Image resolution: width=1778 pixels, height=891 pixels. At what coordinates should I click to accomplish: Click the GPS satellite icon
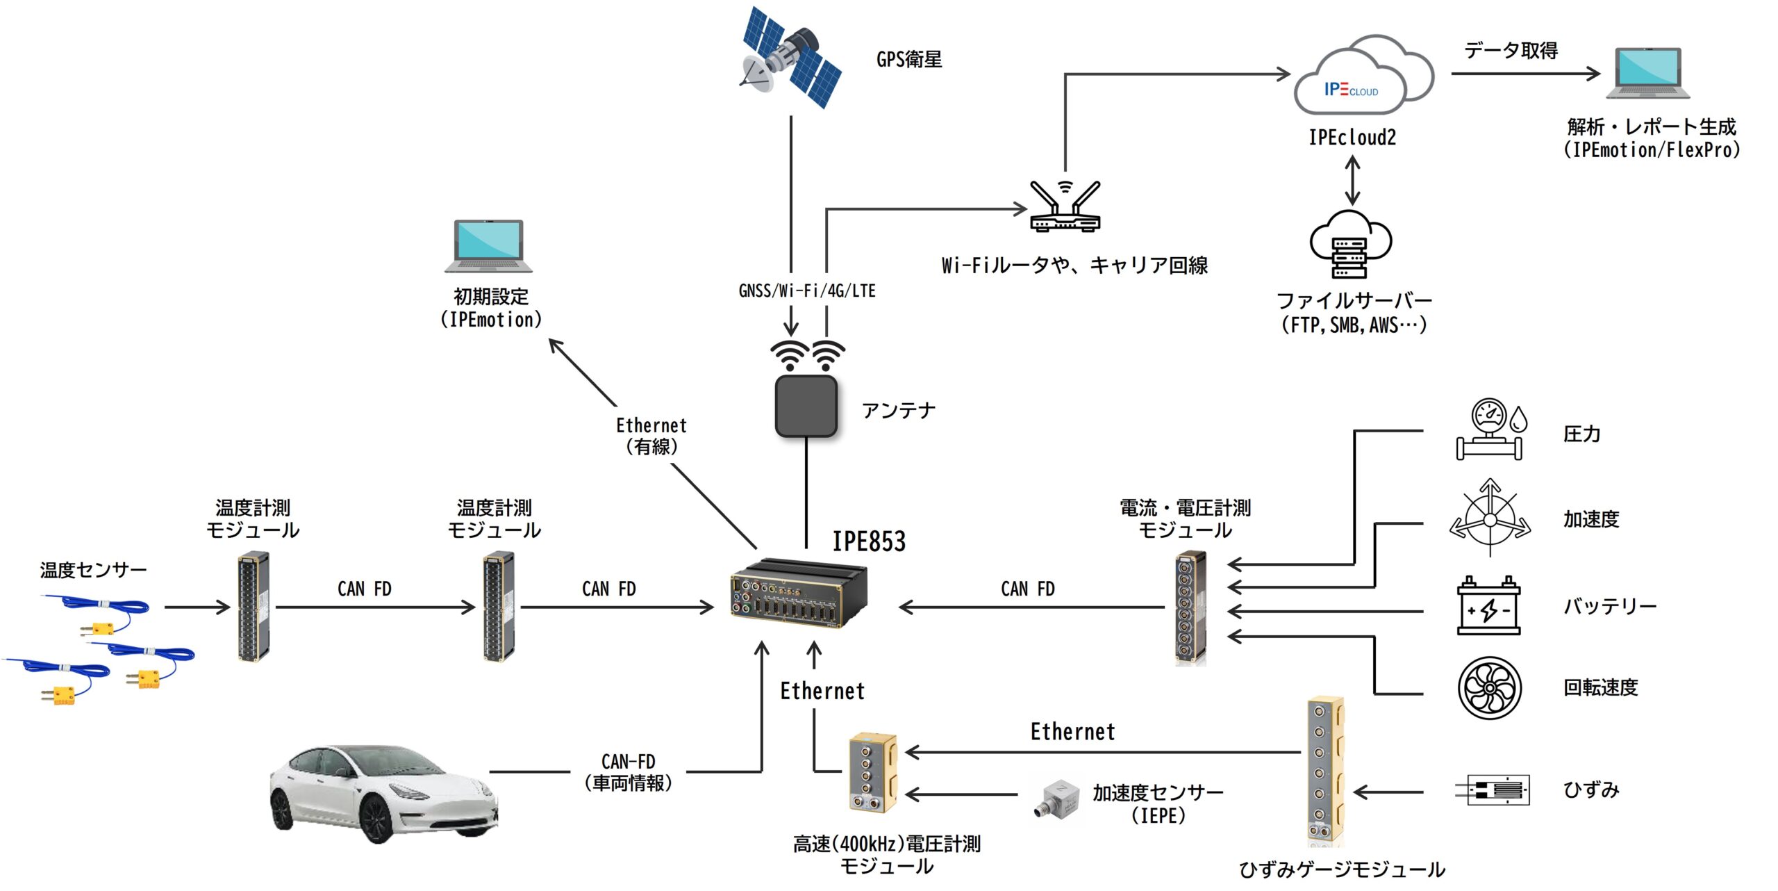(790, 58)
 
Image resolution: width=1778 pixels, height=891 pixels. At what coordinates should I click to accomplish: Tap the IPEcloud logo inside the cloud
(1351, 90)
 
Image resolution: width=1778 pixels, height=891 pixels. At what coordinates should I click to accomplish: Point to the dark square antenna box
(806, 406)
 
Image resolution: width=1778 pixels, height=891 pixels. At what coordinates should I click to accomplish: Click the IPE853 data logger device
(798, 592)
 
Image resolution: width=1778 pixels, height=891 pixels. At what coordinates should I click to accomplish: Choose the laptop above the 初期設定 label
(489, 245)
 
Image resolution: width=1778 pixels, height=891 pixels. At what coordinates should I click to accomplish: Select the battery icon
(1488, 606)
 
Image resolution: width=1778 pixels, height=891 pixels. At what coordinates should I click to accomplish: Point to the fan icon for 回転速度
(1489, 687)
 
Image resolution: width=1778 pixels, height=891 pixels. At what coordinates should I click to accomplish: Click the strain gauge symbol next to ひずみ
(1493, 790)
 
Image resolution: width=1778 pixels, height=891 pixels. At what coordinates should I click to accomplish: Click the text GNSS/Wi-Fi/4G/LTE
(807, 291)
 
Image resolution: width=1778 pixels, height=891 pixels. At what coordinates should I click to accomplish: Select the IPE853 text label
(869, 541)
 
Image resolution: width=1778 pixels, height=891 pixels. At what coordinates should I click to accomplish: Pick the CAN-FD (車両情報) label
(628, 772)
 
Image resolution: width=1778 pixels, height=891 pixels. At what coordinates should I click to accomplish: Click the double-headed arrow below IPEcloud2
(1352, 180)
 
